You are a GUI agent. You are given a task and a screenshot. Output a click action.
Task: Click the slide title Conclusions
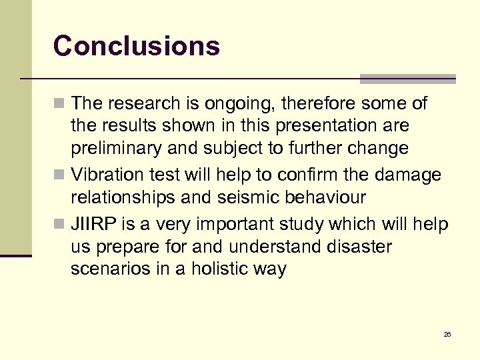coord(137,46)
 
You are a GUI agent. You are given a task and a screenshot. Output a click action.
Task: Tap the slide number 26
coord(447,334)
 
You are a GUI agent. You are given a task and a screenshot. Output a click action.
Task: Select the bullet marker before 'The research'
coord(60,104)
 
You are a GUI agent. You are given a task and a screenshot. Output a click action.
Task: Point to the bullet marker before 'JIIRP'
coord(60,225)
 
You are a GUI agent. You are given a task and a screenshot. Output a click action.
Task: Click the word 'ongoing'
coord(242,104)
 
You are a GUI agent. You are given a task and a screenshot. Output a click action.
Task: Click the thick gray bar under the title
coord(407,79)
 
